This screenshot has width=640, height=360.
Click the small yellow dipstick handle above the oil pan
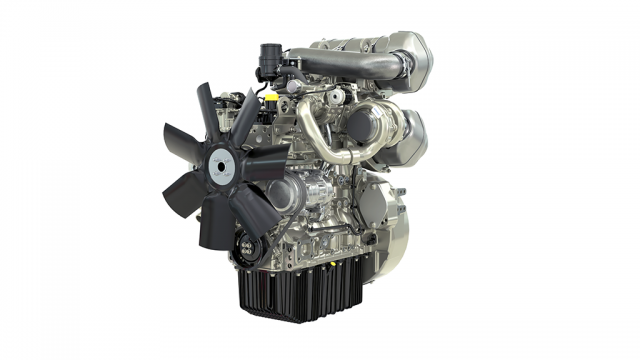click(x=241, y=238)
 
